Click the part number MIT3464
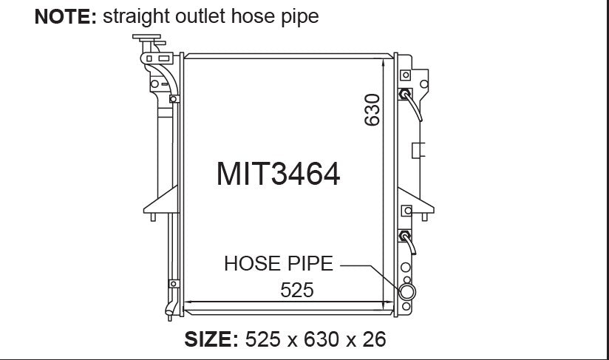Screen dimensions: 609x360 pyautogui.click(x=278, y=174)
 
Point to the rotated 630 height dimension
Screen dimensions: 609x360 pyautogui.click(x=372, y=110)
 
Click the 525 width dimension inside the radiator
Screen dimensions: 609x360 pyautogui.click(x=296, y=290)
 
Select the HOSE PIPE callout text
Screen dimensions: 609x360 pyautogui.click(x=279, y=264)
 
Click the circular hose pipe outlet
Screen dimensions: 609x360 pyautogui.click(x=406, y=292)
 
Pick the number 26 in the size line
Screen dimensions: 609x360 pyautogui.click(x=375, y=339)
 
